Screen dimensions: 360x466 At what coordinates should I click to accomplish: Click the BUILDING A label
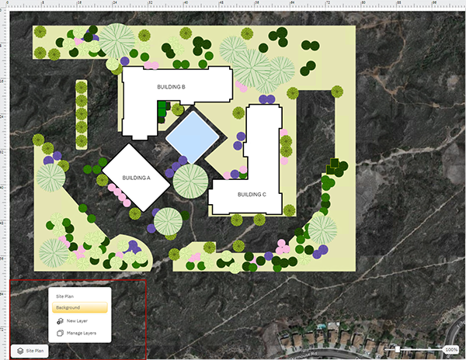click(136, 178)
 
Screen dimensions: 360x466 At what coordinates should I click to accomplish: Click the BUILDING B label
click(171, 87)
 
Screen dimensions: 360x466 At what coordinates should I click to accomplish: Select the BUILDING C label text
click(252, 194)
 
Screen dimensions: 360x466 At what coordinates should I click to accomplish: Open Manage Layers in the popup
click(81, 333)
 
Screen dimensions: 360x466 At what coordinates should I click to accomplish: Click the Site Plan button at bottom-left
click(31, 351)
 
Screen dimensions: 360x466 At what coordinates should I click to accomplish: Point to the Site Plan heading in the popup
click(65, 296)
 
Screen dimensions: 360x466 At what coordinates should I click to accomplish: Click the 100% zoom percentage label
click(451, 350)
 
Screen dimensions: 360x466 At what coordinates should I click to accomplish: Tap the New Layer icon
click(60, 320)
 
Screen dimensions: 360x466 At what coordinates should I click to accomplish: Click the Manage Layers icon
click(60, 333)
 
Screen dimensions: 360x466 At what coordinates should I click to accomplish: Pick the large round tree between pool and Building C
click(190, 181)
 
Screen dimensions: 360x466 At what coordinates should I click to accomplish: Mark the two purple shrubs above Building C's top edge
click(267, 99)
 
